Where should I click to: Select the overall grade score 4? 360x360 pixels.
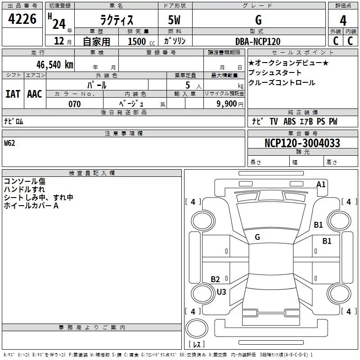pos(343,21)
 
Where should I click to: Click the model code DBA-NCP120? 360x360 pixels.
pos(258,41)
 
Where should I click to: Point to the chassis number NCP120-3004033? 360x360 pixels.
pos(302,143)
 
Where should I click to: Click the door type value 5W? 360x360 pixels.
pos(175,20)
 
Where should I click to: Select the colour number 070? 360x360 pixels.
pos(74,104)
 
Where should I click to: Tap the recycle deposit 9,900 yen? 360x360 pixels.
pos(230,104)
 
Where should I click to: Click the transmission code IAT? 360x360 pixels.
pos(13,94)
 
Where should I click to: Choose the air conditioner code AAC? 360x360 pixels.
pos(34,94)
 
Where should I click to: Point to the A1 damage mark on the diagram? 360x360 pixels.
pos(321,184)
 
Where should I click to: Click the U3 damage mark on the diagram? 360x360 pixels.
pos(221,292)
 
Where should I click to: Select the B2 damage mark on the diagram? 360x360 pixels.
pos(216,279)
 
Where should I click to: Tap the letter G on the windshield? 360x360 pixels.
pos(257,237)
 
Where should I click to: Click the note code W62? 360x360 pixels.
pos(9,143)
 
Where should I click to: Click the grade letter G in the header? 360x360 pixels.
pos(258,20)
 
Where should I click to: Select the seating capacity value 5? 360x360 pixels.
pos(186,85)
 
